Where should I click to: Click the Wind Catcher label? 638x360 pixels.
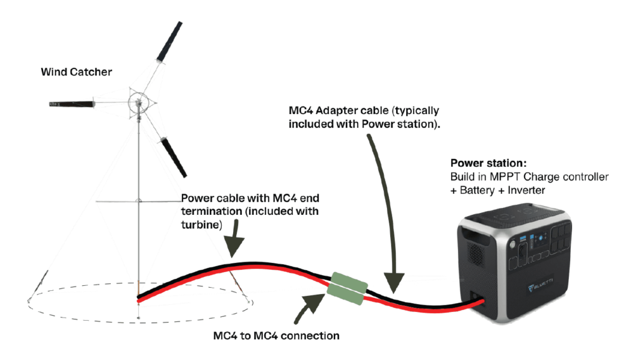click(x=76, y=72)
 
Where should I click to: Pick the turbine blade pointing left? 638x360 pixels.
click(x=73, y=103)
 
